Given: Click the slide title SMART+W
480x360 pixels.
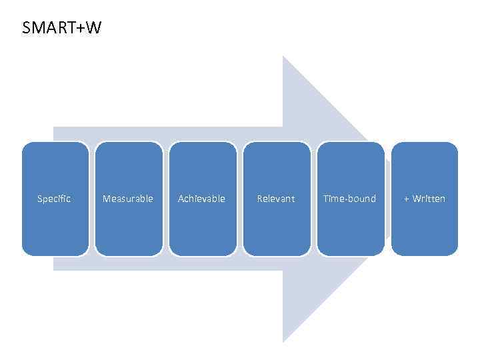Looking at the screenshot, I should click(x=61, y=28).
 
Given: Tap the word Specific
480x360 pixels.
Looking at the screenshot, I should click(x=54, y=199).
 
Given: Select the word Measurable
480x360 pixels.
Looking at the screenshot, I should click(x=128, y=199).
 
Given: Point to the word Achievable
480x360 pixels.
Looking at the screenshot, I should click(x=201, y=199).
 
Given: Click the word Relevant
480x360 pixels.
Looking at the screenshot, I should click(x=275, y=199).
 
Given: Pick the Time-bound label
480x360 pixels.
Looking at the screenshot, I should click(x=349, y=199).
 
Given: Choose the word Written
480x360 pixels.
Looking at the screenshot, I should click(x=429, y=199).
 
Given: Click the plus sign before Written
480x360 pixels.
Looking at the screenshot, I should click(x=407, y=199).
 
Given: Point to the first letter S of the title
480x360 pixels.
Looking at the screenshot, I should click(x=26, y=28).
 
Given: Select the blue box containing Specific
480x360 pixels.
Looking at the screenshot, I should click(x=55, y=167).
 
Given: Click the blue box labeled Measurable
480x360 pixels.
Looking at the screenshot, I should click(x=129, y=167).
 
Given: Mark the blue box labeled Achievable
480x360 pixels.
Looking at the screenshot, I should click(x=203, y=167).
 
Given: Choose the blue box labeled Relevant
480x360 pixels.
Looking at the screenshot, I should click(x=277, y=167).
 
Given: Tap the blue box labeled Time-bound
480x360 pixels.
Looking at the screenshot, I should click(x=351, y=167).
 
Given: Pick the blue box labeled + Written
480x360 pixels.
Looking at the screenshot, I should click(x=425, y=167).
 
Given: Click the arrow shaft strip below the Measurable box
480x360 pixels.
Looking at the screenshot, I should click(x=129, y=263).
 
